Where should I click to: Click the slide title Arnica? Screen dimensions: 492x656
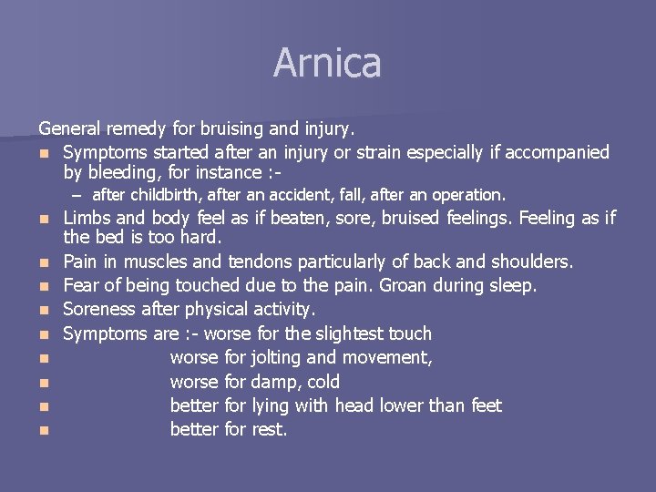[x=327, y=63]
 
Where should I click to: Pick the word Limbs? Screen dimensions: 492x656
[x=87, y=218]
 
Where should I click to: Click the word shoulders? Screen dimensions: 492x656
[x=531, y=261]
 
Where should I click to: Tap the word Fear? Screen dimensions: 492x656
[x=82, y=285]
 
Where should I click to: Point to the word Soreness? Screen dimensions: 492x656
[x=99, y=310]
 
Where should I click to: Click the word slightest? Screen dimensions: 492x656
[x=347, y=333]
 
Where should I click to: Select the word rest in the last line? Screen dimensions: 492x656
[x=268, y=429]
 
